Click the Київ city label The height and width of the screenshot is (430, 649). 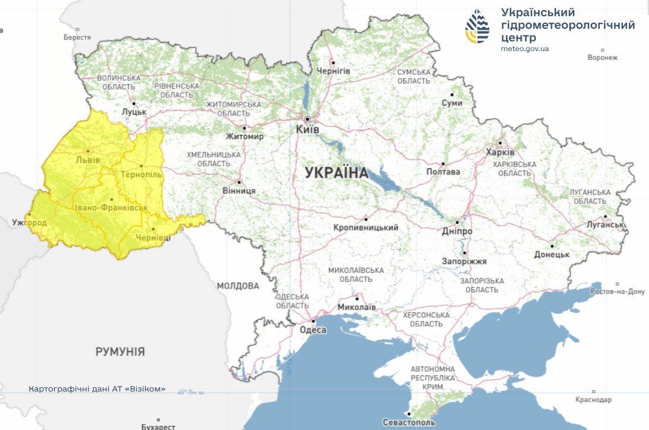[307, 129]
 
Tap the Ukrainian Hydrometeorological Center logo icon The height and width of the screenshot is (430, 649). [477, 26]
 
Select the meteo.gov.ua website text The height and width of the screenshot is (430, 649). [524, 49]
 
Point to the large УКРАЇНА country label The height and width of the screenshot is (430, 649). [336, 173]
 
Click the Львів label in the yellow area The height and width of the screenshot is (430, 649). [88, 160]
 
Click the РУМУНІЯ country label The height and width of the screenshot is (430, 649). [120, 352]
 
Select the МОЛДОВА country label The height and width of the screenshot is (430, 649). [237, 286]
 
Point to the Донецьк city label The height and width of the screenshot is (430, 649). [551, 255]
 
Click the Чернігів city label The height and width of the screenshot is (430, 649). [333, 71]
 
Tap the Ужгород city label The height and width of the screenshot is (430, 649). [29, 223]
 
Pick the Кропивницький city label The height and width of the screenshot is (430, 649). [365, 227]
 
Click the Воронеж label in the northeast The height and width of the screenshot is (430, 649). [602, 58]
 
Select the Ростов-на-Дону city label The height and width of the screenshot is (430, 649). [617, 292]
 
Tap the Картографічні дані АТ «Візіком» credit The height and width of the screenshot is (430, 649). [97, 390]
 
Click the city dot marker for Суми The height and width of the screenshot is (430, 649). [451, 94]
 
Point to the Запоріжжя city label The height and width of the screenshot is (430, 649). [464, 261]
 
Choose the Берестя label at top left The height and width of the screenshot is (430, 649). [77, 37]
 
